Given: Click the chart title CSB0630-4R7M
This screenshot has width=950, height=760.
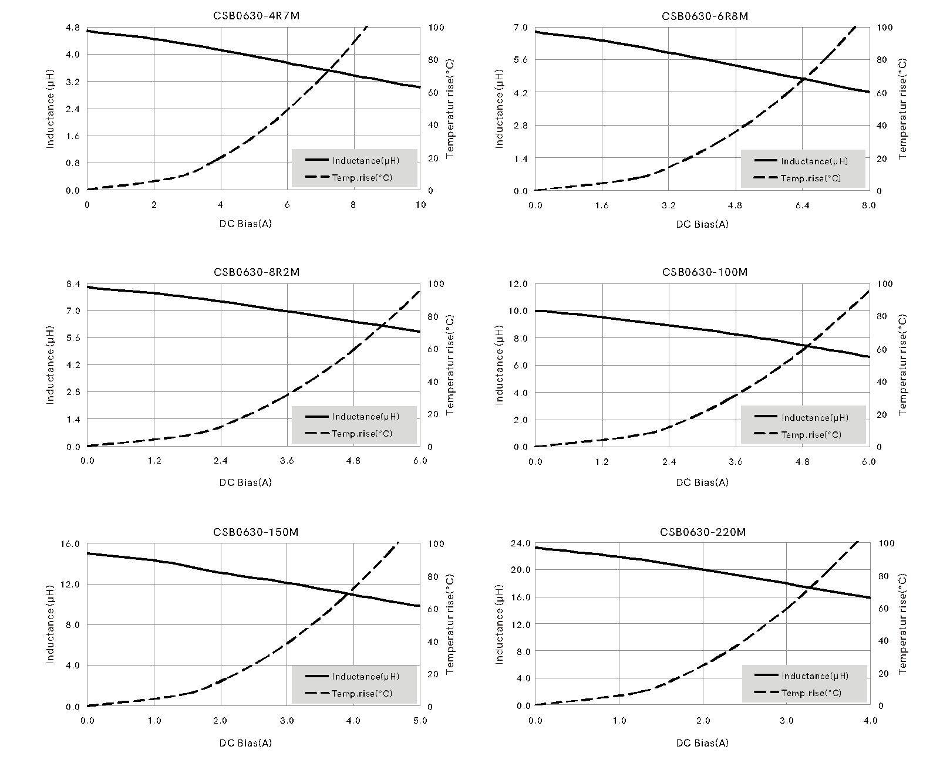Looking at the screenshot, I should pyautogui.click(x=257, y=16).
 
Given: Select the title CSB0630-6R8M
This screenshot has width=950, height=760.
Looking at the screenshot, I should pyautogui.click(x=705, y=16).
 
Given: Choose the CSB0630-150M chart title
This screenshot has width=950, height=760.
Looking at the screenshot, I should pyautogui.click(x=256, y=532).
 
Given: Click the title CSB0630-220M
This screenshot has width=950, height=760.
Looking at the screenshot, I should pyautogui.click(x=703, y=532).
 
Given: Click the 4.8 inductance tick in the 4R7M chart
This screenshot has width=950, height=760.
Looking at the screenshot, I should pyautogui.click(x=72, y=28).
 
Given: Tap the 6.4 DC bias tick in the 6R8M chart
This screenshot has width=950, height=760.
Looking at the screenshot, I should pyautogui.click(x=802, y=205).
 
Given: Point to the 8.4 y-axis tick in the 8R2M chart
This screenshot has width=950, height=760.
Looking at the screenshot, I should pyautogui.click(x=72, y=284).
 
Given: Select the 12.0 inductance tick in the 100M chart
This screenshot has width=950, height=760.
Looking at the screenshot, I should pyautogui.click(x=520, y=284).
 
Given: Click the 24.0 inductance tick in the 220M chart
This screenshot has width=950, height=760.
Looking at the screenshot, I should pyautogui.click(x=520, y=543).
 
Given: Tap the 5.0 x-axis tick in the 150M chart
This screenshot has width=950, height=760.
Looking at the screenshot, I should pyautogui.click(x=420, y=721).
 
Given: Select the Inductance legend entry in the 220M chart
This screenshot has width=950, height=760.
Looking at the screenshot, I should pyautogui.click(x=814, y=676).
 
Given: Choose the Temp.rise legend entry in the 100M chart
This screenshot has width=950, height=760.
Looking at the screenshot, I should pyautogui.click(x=811, y=434).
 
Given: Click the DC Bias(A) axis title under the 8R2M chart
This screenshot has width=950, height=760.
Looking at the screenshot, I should pyautogui.click(x=245, y=482).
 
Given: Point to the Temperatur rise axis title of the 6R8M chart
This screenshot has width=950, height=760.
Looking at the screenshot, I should pyautogui.click(x=903, y=109).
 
